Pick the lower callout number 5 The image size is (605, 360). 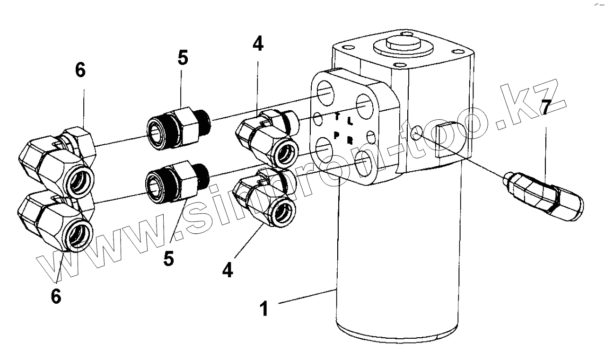coord(169,258)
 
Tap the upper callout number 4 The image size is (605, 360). coord(258,44)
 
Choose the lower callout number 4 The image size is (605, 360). coord(228,270)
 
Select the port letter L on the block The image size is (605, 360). coord(350,121)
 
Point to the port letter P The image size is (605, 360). coord(336,134)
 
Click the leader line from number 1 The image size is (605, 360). coord(307,297)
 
